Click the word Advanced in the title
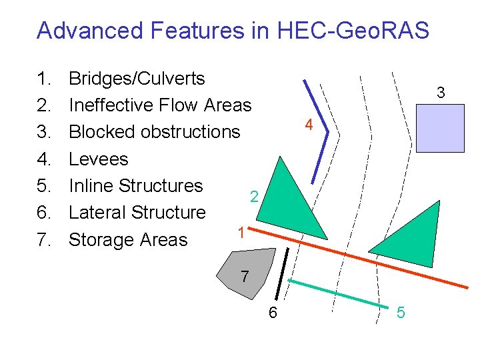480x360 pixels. click(x=90, y=30)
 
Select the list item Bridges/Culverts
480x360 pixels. click(x=137, y=79)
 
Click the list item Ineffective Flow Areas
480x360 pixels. click(x=160, y=105)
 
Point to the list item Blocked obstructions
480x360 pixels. click(x=154, y=132)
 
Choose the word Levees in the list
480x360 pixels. click(x=98, y=159)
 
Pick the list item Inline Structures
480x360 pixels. click(x=135, y=185)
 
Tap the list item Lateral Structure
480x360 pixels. click(x=137, y=213)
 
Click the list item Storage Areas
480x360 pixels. click(x=128, y=239)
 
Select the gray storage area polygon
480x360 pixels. click(x=249, y=268)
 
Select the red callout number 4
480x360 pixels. click(x=307, y=125)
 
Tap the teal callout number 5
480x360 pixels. click(x=401, y=312)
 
